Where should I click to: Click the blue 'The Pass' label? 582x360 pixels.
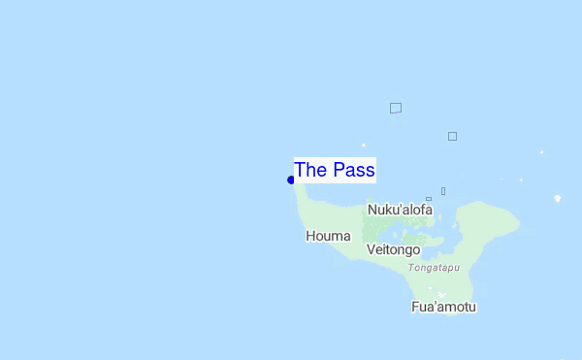click(x=335, y=170)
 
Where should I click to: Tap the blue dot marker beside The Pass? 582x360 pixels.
click(x=291, y=180)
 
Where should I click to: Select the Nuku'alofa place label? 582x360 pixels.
click(x=400, y=209)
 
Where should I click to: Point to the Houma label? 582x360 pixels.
click(x=326, y=236)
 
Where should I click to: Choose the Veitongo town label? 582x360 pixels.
click(x=393, y=249)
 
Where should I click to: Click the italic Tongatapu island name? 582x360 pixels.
click(x=434, y=267)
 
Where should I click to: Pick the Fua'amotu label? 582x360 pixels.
click(x=443, y=308)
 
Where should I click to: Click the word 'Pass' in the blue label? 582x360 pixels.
click(x=353, y=170)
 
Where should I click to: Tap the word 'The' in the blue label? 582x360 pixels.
click(x=310, y=170)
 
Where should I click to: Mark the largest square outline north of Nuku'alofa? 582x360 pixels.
click(x=396, y=108)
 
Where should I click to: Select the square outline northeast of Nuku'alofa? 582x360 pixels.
click(x=452, y=136)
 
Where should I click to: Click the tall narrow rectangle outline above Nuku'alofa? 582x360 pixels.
click(x=443, y=191)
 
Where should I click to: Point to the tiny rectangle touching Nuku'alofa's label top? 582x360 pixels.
click(x=429, y=199)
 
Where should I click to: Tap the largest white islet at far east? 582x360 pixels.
click(x=557, y=199)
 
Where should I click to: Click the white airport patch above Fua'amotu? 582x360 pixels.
click(x=442, y=295)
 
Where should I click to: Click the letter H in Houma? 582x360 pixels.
click(x=310, y=236)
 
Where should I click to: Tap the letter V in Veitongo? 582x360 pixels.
click(x=372, y=249)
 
